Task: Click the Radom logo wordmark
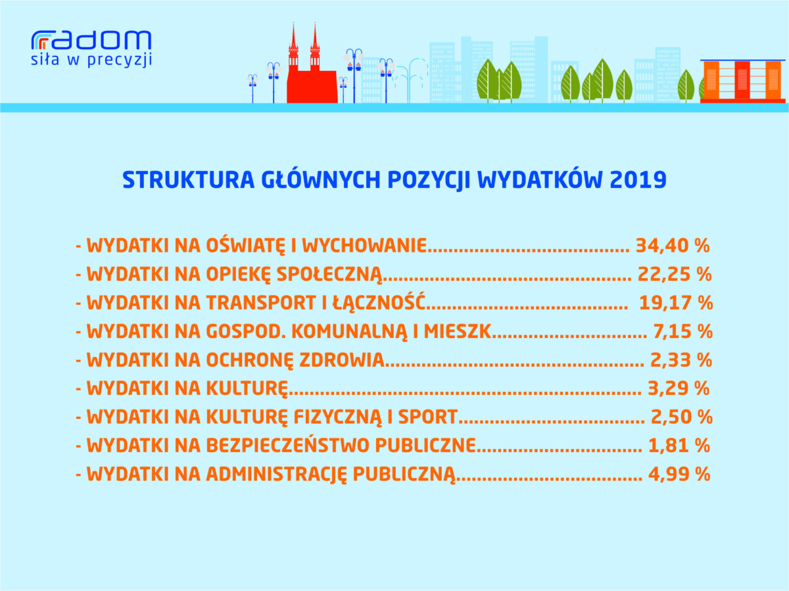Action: (91, 40)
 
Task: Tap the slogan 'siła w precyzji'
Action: (91, 60)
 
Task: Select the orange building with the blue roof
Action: (742, 82)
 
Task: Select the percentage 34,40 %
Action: (673, 246)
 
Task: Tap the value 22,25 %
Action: (675, 274)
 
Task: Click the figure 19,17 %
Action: (676, 303)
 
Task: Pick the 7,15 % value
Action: (682, 331)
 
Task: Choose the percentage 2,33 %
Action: (681, 360)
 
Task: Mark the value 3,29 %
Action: (679, 389)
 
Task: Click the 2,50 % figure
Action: (682, 417)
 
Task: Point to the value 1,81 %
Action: (679, 446)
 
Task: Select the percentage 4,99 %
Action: (679, 474)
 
